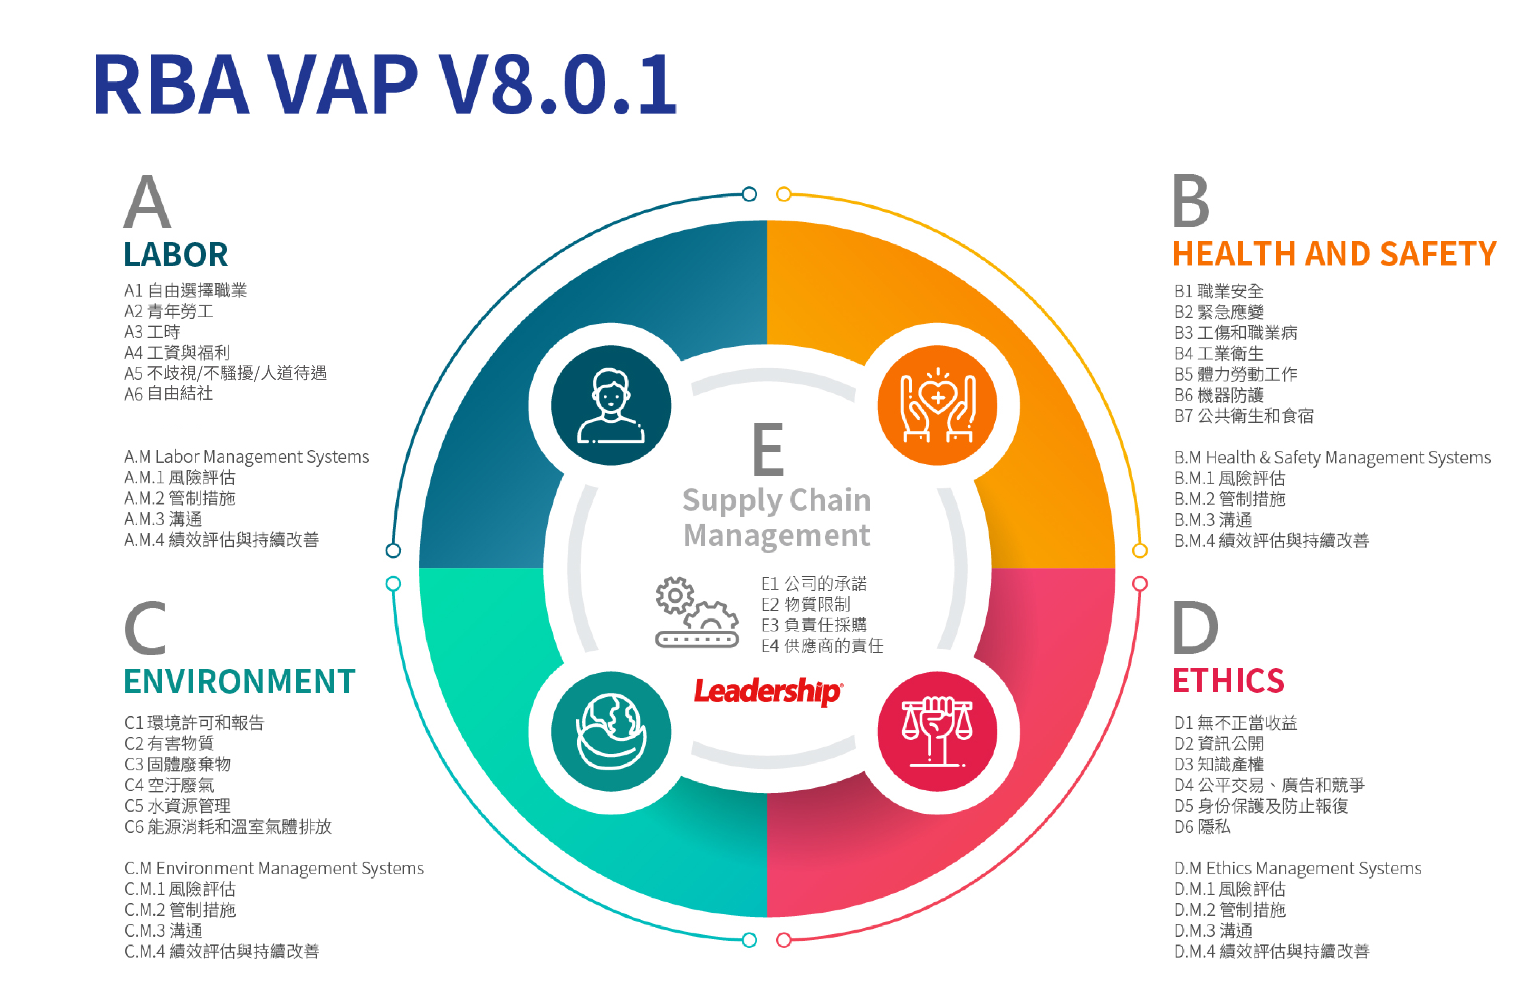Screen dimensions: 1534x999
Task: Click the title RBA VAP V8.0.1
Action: [x=385, y=84]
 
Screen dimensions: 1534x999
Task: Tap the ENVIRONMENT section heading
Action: [x=240, y=681]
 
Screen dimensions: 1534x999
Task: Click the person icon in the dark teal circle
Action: [x=610, y=406]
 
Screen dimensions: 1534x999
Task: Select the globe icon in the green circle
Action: [x=610, y=731]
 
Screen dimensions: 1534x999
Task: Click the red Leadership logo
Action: [x=768, y=691]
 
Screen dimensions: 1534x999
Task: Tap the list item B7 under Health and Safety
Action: [x=1243, y=415]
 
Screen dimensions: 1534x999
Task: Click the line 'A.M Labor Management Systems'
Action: [x=246, y=457]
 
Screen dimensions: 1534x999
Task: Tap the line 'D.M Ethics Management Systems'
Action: [x=1297, y=868]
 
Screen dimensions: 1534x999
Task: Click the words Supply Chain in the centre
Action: [x=777, y=501]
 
